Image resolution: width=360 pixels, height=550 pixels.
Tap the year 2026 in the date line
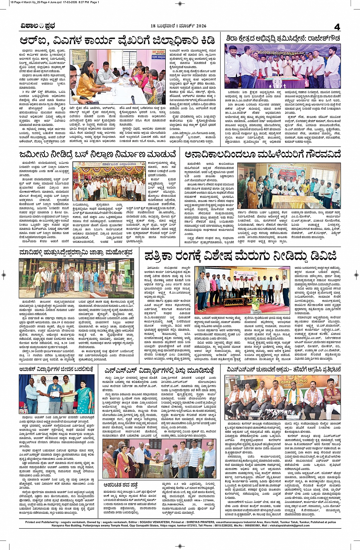pyautogui.click(x=198, y=26)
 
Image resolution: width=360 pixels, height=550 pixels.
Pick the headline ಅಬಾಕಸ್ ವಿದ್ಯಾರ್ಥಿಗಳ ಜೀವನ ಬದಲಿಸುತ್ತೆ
pyautogui.click(x=56, y=369)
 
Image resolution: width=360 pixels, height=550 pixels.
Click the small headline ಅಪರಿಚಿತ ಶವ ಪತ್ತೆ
pyautogui.click(x=120, y=485)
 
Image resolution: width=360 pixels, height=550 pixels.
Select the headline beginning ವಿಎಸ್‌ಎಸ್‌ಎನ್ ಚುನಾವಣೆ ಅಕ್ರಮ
pyautogui.click(x=283, y=369)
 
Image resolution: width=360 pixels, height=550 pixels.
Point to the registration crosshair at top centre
pyautogui.click(x=180, y=4)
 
